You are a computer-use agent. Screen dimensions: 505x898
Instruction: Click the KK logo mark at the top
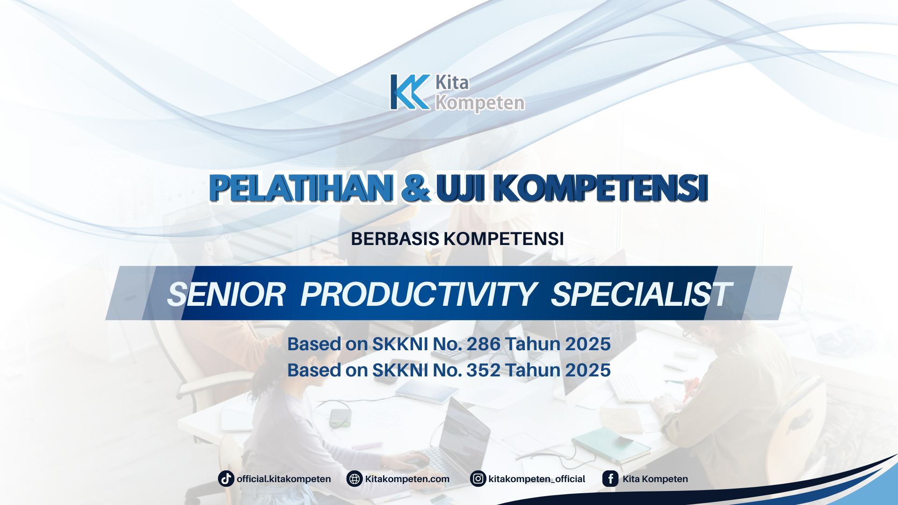pos(410,92)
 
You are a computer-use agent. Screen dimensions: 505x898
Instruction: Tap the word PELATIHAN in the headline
pos(301,188)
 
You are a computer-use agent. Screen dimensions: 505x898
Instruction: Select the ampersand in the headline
pos(415,188)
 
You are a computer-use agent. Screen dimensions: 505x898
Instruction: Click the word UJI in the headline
pos(460,188)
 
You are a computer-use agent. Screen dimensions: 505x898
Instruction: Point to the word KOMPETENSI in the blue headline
pos(601,188)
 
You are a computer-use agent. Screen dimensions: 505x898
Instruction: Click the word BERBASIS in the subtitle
pos(395,239)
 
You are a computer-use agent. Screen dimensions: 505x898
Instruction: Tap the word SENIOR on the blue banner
pos(226,295)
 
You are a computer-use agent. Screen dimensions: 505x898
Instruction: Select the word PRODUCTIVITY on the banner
pos(418,295)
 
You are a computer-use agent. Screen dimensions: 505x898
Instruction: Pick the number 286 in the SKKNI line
pos(483,344)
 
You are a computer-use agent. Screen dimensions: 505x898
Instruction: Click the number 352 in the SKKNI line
pos(483,370)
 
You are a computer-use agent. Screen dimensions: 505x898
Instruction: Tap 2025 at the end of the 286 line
pos(587,344)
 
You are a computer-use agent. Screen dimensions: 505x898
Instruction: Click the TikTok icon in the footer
pos(226,479)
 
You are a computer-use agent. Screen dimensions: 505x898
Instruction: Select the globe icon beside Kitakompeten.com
pos(355,479)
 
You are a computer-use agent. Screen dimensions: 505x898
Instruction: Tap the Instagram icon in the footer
pos(478,479)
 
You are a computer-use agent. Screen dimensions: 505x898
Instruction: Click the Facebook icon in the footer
pos(610,479)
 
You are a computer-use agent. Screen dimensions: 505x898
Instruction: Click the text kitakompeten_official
pos(536,479)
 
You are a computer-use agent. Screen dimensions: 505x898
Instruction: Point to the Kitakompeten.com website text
pos(407,479)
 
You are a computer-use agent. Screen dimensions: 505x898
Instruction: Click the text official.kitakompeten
pos(283,479)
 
